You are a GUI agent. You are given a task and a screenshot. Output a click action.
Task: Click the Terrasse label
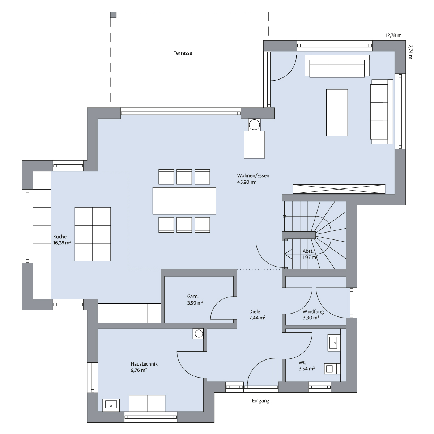[183, 53]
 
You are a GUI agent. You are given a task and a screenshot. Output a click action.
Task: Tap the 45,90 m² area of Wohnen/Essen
[247, 182]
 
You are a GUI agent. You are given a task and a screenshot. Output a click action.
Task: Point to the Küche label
[60, 237]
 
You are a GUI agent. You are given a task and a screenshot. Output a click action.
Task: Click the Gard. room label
[193, 297]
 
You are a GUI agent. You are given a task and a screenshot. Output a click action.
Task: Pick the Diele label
[255, 311]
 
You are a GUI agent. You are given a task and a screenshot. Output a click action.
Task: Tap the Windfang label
[313, 311]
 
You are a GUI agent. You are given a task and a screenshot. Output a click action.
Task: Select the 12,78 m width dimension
[393, 35]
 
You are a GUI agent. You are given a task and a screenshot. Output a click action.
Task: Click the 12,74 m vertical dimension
[410, 51]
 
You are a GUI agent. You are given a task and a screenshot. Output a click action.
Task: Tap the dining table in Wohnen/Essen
[184, 201]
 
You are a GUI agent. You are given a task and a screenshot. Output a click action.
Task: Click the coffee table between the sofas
[337, 112]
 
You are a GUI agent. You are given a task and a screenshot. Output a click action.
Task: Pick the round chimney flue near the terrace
[254, 125]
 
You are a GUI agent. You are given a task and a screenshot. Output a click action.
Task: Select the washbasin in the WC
[334, 342]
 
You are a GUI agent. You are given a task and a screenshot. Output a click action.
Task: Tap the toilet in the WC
[332, 369]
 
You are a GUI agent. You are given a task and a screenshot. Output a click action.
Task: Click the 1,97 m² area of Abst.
[310, 257]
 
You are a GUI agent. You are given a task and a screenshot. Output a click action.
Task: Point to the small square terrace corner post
[113, 14]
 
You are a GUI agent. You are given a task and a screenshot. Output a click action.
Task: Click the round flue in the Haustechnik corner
[199, 333]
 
